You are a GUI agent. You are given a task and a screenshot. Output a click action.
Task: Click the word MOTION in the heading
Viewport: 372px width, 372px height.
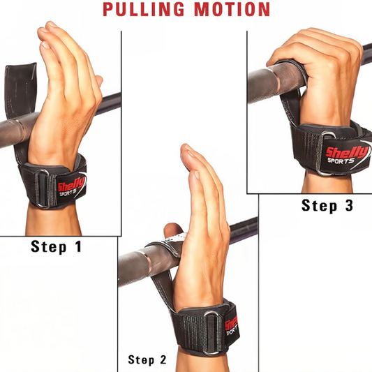tap(232, 9)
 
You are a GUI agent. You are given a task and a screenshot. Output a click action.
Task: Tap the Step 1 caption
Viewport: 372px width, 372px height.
tap(57, 247)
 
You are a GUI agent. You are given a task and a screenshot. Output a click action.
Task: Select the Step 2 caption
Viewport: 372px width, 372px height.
tap(147, 359)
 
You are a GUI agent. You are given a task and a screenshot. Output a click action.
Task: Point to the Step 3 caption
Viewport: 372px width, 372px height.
tap(327, 205)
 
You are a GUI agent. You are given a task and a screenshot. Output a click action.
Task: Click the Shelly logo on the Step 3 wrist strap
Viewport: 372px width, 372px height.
tap(347, 152)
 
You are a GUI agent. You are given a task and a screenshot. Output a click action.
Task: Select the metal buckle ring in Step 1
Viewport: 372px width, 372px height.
tap(43, 188)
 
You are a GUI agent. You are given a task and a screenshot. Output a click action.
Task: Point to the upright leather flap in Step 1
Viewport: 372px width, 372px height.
tap(21, 90)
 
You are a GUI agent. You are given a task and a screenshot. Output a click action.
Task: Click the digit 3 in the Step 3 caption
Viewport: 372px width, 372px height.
tap(349, 205)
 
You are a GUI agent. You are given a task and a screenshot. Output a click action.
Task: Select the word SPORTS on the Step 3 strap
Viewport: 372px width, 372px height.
tap(341, 161)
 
